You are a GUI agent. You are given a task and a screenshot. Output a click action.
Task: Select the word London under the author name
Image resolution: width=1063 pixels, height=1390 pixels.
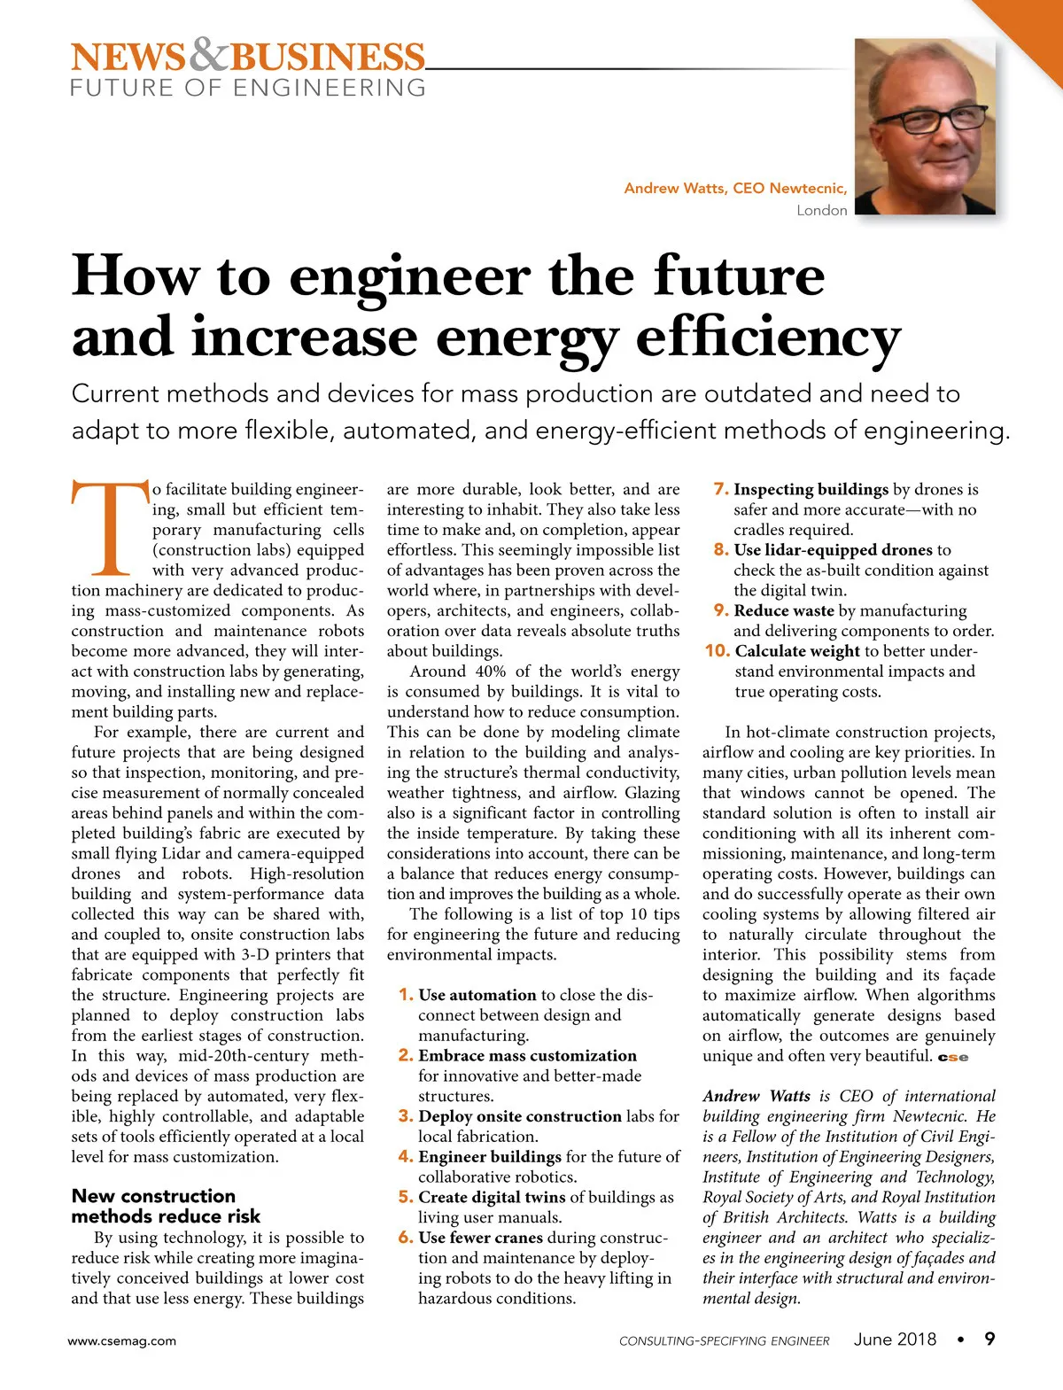pyautogui.click(x=821, y=210)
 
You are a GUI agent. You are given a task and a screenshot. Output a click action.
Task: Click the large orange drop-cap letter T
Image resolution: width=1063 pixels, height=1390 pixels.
pyautogui.click(x=109, y=527)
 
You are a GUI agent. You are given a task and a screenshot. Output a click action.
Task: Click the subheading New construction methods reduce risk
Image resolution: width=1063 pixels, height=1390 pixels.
pyautogui.click(x=166, y=1206)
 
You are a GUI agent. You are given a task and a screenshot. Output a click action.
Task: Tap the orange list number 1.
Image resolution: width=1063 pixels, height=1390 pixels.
pyautogui.click(x=406, y=995)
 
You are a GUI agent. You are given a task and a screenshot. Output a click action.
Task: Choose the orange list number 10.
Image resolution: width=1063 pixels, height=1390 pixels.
pyautogui.click(x=717, y=651)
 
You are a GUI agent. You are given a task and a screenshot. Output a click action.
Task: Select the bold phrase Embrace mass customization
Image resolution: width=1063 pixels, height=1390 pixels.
pyautogui.click(x=527, y=1056)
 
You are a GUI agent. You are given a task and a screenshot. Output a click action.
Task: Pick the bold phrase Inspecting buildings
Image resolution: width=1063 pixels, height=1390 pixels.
pyautogui.click(x=811, y=489)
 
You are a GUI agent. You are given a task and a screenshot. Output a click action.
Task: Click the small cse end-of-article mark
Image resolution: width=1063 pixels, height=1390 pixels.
pyautogui.click(x=952, y=1057)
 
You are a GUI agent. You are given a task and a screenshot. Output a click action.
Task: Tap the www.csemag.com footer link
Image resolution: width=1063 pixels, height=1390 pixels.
pyautogui.click(x=122, y=1340)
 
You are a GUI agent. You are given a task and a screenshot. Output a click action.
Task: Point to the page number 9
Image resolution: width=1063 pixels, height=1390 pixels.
pyautogui.click(x=989, y=1339)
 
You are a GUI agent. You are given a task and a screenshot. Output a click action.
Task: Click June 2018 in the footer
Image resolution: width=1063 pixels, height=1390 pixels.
pyautogui.click(x=895, y=1340)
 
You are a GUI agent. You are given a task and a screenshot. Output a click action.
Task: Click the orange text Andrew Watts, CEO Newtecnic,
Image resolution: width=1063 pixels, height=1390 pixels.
pyautogui.click(x=735, y=188)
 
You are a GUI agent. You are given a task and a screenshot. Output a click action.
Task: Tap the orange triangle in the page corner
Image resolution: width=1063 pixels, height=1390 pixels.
pyautogui.click(x=1032, y=31)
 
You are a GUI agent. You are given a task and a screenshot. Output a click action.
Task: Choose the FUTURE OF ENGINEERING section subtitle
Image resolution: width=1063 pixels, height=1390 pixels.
pyautogui.click(x=248, y=88)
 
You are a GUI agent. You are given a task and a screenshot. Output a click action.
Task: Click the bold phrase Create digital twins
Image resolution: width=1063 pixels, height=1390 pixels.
pyautogui.click(x=492, y=1198)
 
